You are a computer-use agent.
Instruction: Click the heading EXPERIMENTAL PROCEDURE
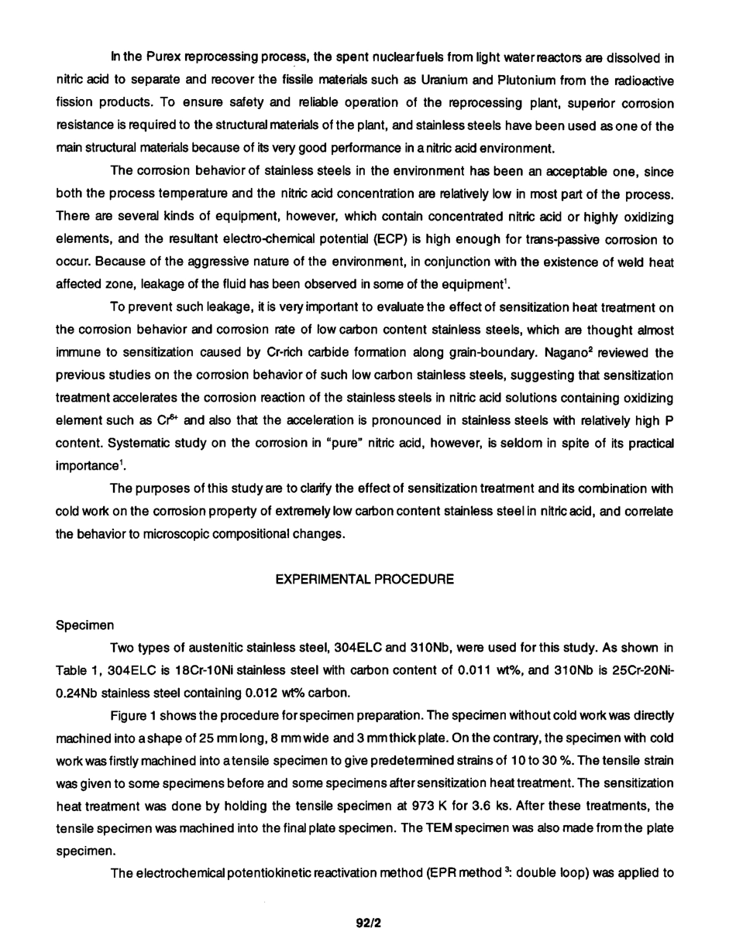(x=364, y=580)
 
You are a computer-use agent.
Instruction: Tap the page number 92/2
(x=369, y=923)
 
